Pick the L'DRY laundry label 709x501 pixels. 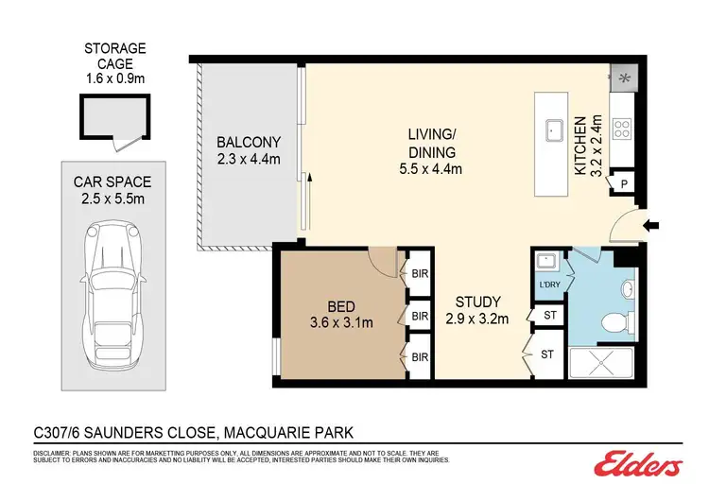547,284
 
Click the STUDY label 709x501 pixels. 477,302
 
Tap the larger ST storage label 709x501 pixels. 547,354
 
